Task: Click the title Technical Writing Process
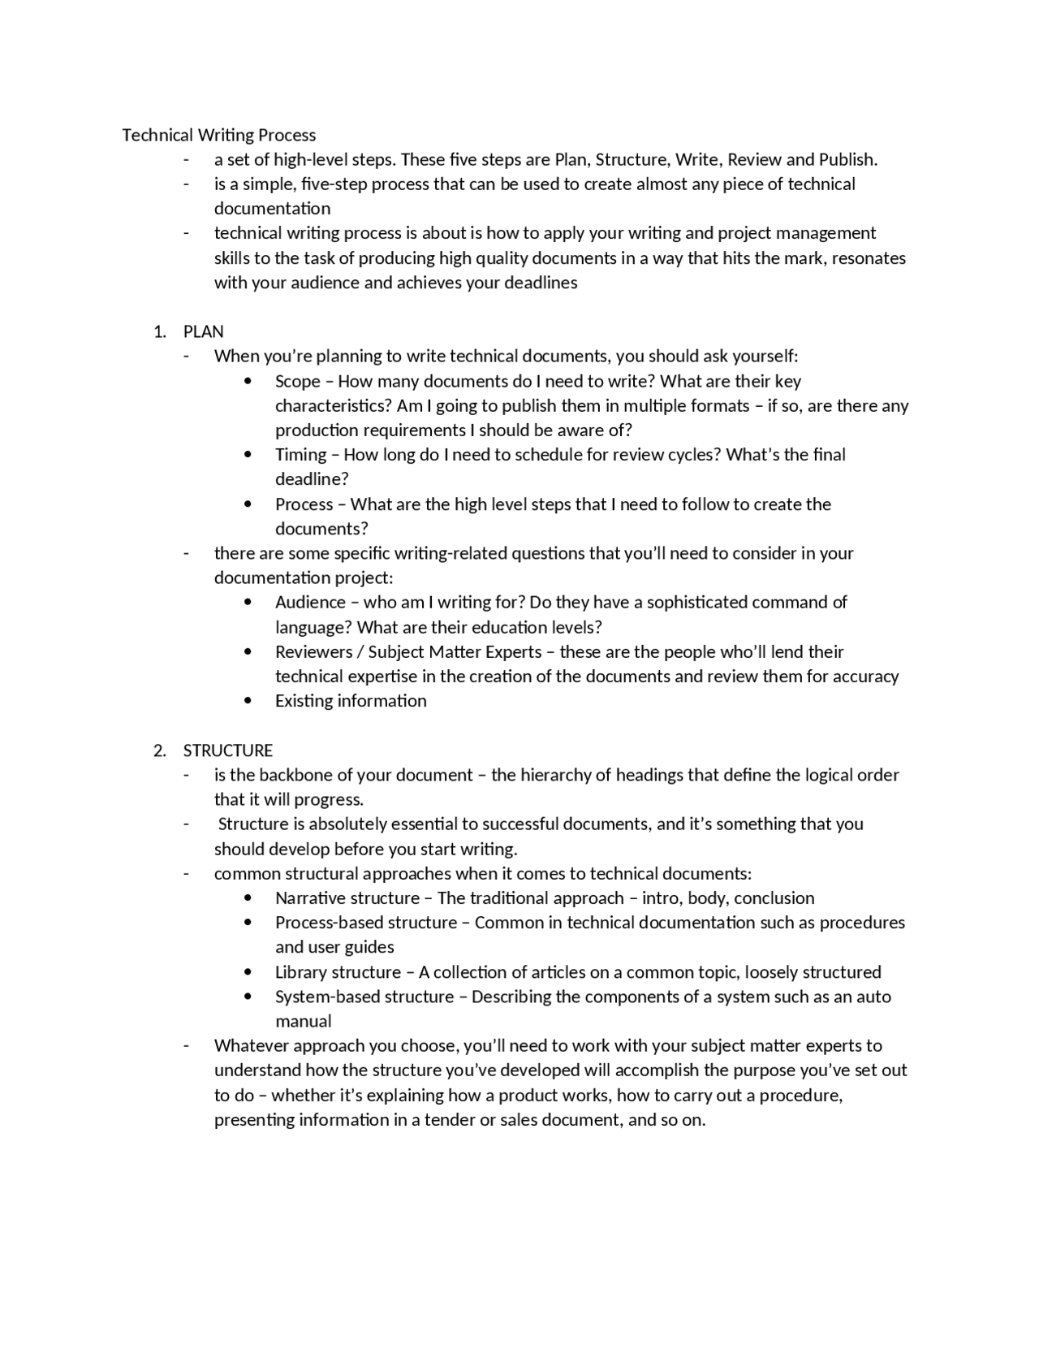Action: coord(218,135)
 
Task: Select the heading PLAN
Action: coord(203,331)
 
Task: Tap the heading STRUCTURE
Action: coord(227,750)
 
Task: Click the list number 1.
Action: coord(159,331)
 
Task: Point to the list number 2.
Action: coord(159,750)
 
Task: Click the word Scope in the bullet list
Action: coord(297,381)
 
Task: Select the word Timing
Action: coord(300,455)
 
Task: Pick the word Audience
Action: coord(310,602)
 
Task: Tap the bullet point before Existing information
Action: coord(248,701)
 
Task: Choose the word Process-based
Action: coord(331,923)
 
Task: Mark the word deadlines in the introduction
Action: coord(541,283)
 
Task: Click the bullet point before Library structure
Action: coord(248,972)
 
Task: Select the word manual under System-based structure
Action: coord(303,1021)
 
